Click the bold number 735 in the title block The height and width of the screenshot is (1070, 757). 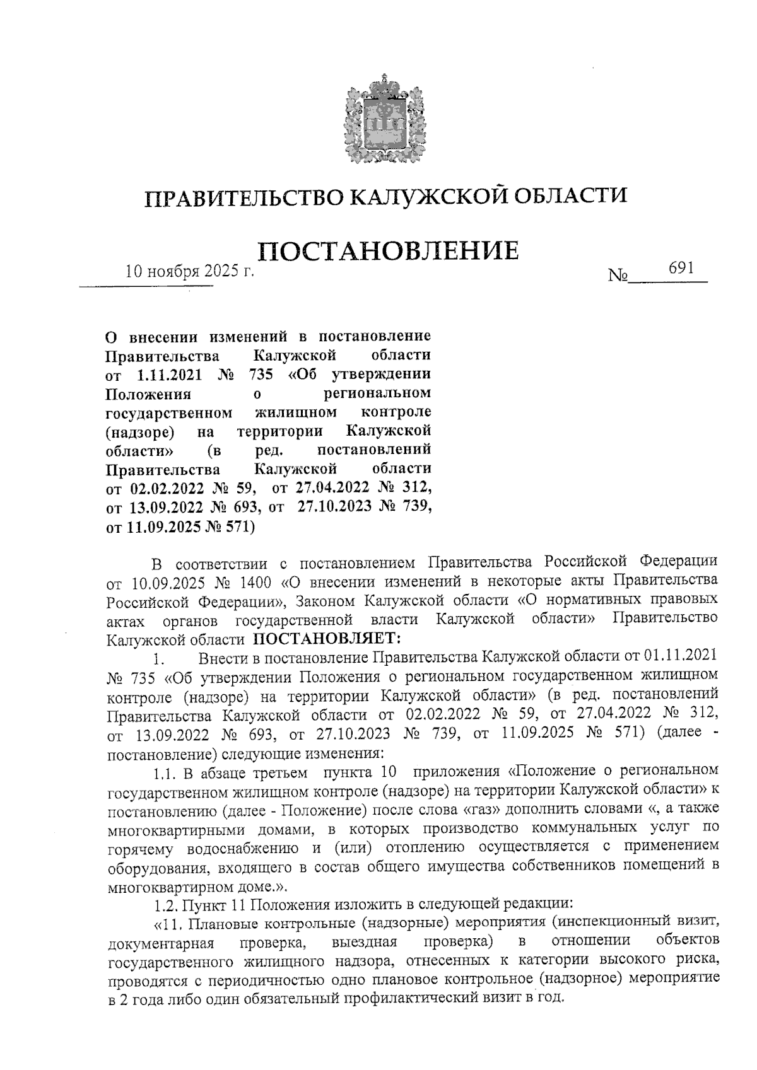[x=261, y=374]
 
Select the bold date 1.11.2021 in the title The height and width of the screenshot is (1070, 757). [x=168, y=374]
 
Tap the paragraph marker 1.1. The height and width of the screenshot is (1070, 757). [x=166, y=771]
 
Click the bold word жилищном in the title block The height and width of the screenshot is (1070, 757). [x=295, y=412]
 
